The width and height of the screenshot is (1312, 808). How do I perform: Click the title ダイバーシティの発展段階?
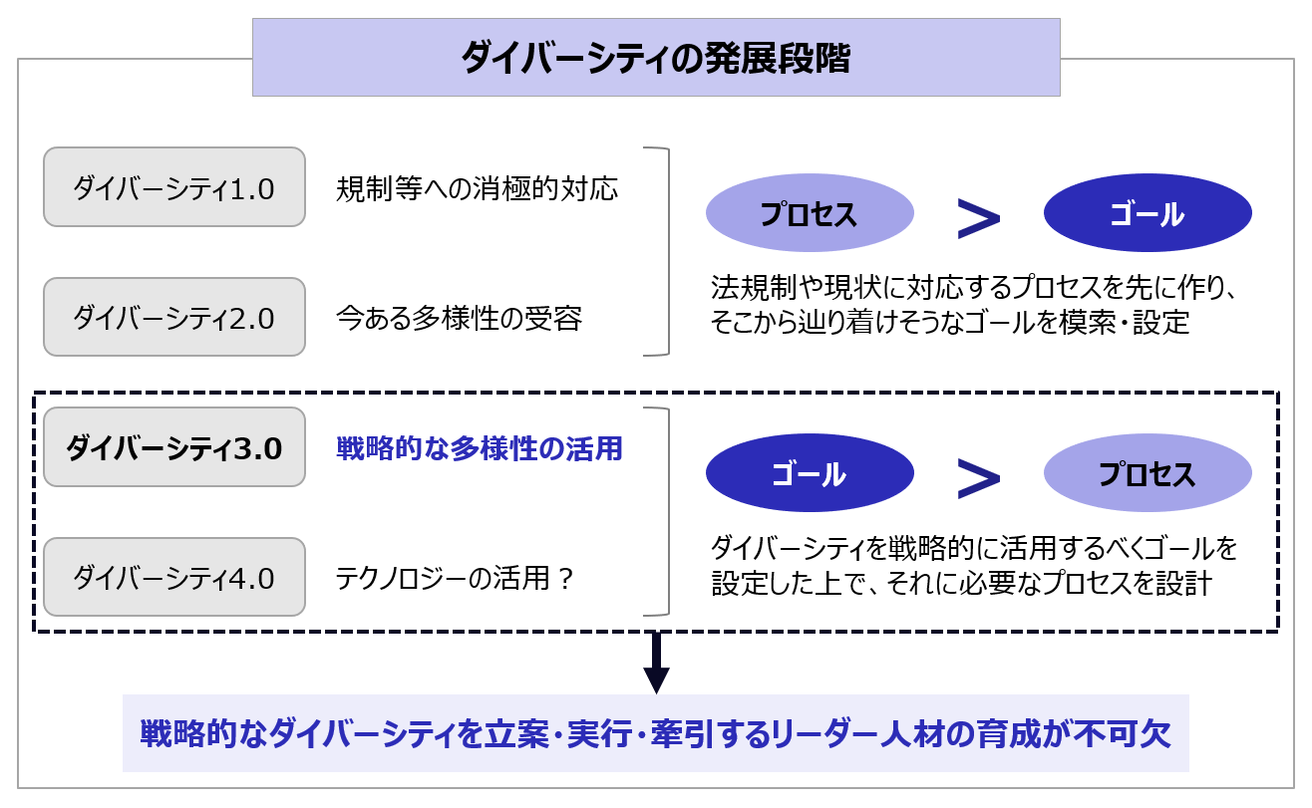[656, 58]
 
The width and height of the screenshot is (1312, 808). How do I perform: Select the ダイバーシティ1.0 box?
[174, 186]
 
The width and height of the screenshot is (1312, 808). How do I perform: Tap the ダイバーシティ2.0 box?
[174, 317]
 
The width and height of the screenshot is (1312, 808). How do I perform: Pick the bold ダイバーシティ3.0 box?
[174, 446]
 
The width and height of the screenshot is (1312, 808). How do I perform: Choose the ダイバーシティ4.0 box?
[174, 577]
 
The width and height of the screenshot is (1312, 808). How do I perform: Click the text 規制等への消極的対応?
[477, 188]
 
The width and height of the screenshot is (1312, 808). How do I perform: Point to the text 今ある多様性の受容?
[459, 318]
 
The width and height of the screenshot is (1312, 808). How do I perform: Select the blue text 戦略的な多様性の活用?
[480, 448]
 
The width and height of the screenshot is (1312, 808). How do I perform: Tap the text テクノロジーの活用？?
[455, 579]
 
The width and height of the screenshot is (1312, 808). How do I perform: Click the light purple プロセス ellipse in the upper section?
[810, 212]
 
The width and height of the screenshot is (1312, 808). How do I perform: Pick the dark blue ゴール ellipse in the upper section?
[1148, 212]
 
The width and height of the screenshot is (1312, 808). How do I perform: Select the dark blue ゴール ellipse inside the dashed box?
[810, 472]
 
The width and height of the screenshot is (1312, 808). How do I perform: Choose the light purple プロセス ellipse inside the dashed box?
[1148, 472]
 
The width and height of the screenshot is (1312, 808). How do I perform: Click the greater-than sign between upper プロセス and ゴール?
[978, 219]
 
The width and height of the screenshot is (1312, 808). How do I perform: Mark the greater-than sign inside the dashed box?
[978, 479]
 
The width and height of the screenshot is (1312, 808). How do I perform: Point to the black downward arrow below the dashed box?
[656, 663]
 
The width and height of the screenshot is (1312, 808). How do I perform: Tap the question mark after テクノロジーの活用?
[565, 579]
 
